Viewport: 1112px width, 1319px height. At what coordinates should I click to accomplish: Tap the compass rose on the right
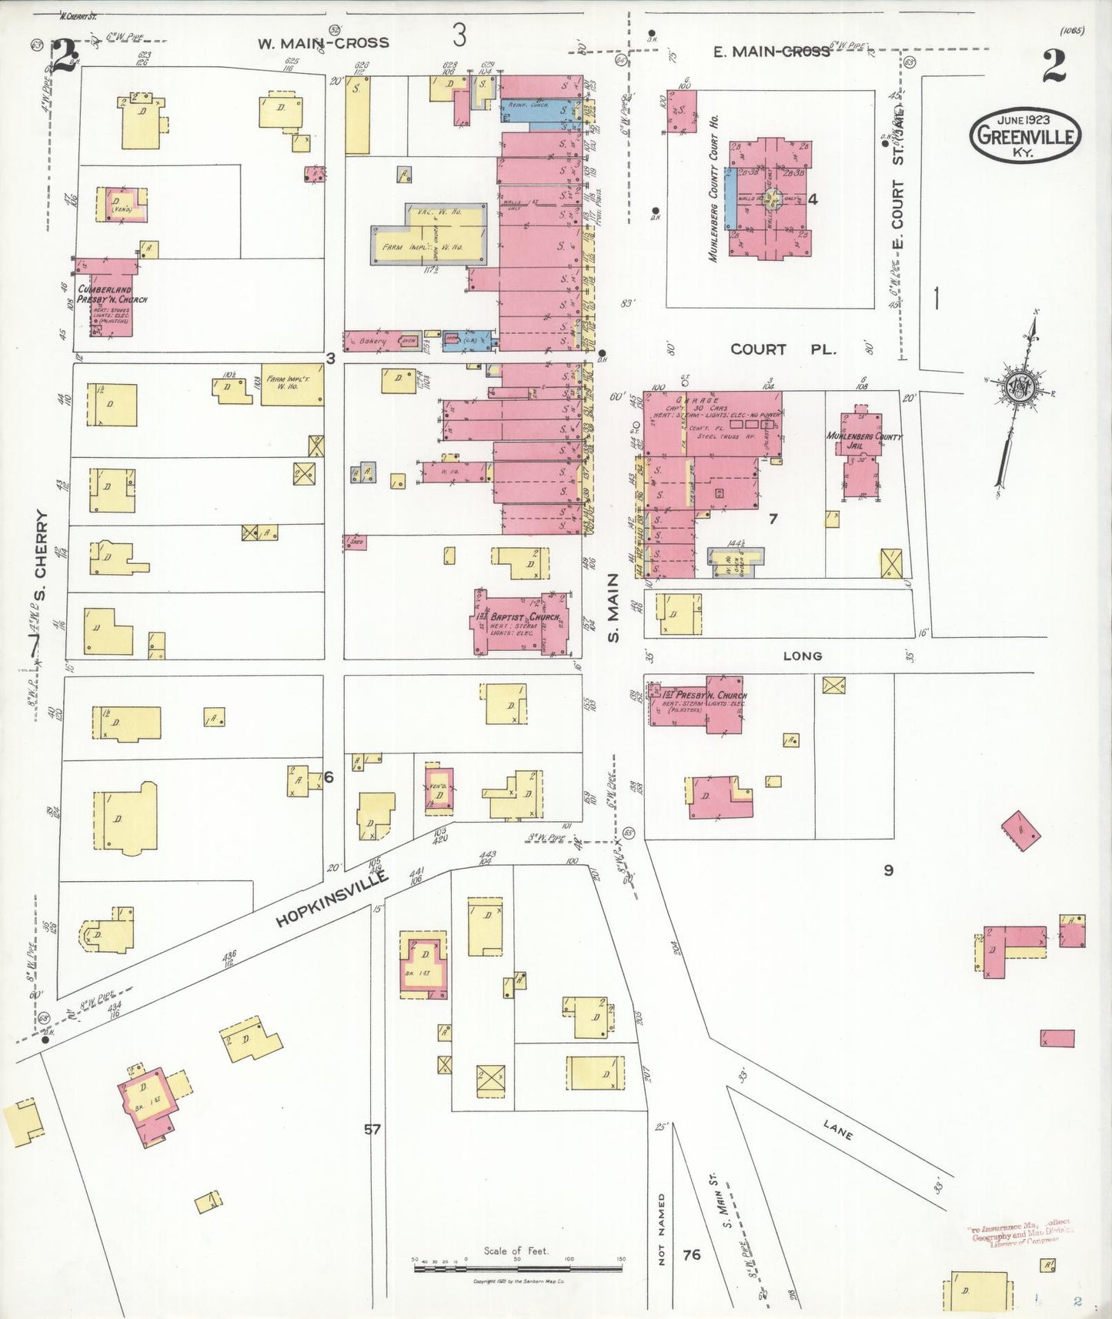[1020, 388]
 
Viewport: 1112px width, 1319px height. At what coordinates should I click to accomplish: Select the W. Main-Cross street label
[322, 43]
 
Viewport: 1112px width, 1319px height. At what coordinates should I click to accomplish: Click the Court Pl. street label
[782, 349]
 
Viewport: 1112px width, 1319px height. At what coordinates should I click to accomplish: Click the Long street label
[802, 656]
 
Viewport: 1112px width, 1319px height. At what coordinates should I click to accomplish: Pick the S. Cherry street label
[41, 556]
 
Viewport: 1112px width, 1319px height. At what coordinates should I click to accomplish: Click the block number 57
[372, 1130]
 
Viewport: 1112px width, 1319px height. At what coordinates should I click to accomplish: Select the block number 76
[691, 1254]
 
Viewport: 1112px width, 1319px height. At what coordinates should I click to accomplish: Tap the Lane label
[837, 1130]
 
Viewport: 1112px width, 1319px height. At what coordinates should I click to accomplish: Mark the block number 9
[888, 870]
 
